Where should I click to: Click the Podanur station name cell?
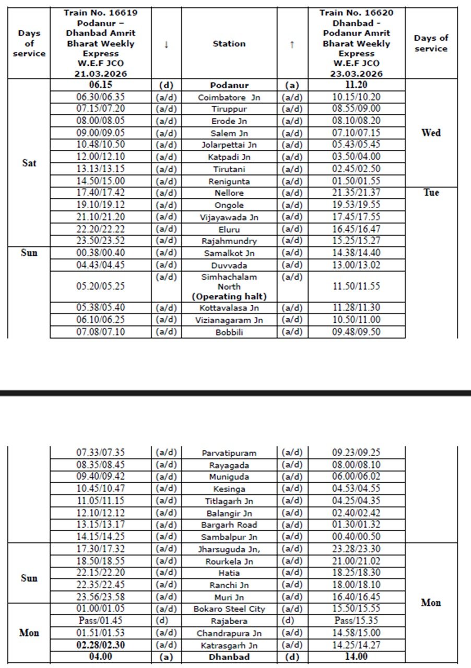pos(229,85)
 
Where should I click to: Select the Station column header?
pos(229,44)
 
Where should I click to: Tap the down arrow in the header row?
pos(166,44)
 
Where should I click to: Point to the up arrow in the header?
pos(292,44)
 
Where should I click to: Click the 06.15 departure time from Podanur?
pos(101,85)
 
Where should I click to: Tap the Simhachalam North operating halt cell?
pos(229,287)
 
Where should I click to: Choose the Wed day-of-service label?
pos(431,133)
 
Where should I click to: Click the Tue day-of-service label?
pos(431,193)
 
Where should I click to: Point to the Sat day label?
pos(29,163)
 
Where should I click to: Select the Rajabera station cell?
pos(229,621)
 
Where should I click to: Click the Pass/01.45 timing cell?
pos(101,621)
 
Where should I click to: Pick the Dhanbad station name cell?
pos(229,657)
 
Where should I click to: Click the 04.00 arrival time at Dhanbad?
pos(101,657)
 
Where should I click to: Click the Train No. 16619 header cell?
pos(101,43)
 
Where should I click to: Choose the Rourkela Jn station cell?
pos(229,562)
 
